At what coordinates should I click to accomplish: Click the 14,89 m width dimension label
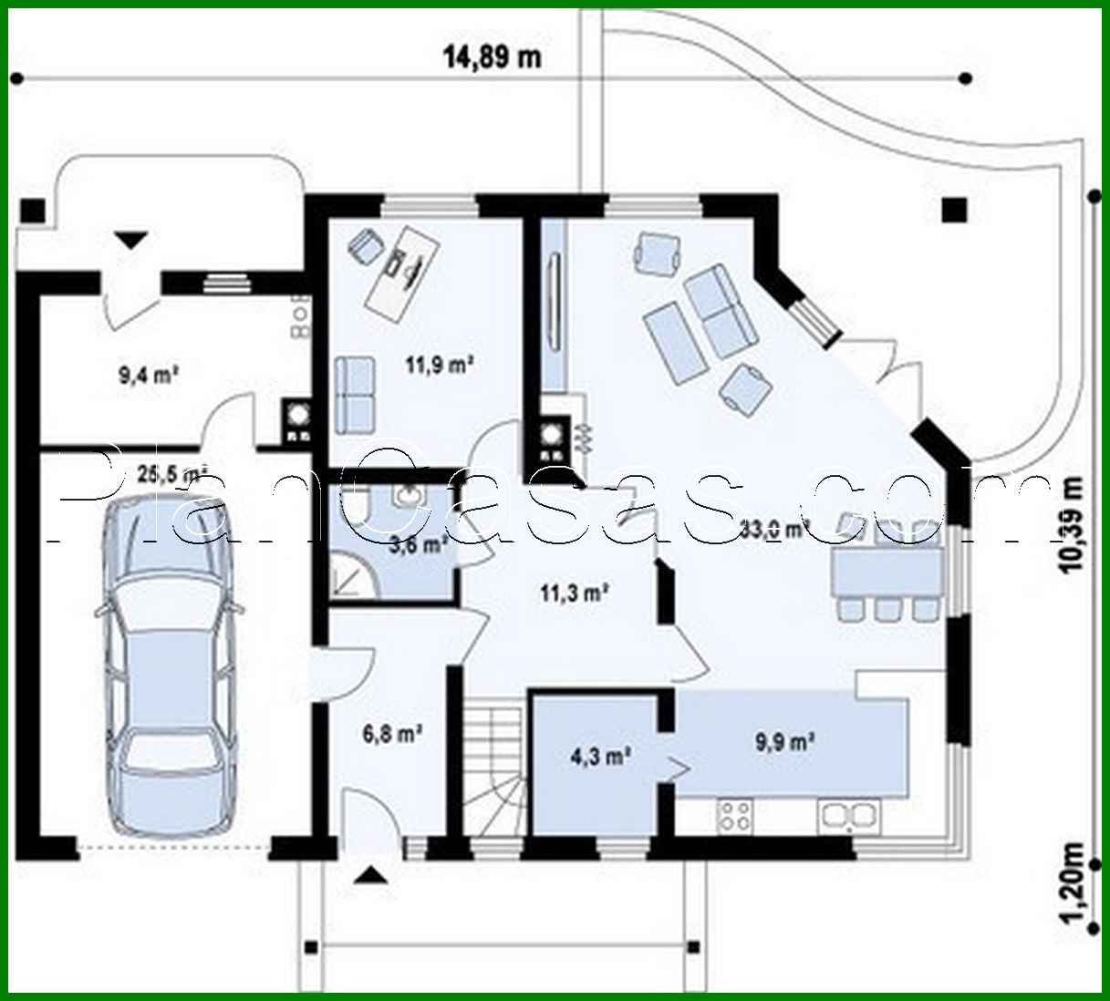coord(492,57)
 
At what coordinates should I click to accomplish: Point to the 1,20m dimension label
coord(1075,882)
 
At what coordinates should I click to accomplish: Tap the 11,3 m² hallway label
coord(575,593)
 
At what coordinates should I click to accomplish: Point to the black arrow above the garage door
coord(132,240)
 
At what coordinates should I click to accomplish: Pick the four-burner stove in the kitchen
coord(735,813)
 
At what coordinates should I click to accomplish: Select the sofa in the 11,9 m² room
coord(355,394)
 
